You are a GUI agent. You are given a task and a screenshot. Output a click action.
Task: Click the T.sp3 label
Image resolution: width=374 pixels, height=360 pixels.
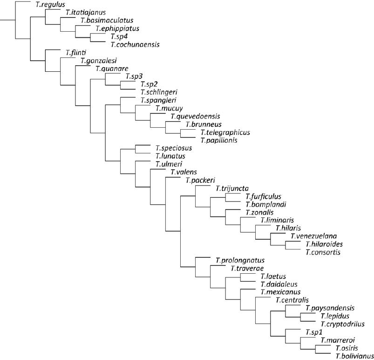pyautogui.click(x=133, y=76)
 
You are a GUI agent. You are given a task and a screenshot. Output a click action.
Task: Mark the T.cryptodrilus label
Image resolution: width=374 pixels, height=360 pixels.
pyautogui.click(x=341, y=324)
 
